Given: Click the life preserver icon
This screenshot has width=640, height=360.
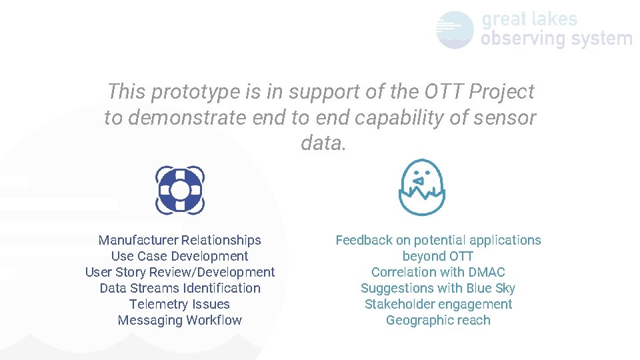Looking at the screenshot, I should tap(180, 191).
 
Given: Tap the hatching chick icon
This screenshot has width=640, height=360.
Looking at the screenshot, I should tap(421, 187).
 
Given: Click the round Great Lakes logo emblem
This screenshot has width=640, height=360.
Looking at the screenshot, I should tap(455, 30).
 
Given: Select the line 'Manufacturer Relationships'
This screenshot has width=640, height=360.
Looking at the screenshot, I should tap(179, 240).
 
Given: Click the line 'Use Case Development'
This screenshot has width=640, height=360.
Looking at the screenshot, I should tap(179, 256).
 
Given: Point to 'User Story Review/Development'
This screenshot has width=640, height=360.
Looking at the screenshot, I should tap(179, 272).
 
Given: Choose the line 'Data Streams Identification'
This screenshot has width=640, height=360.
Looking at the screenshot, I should tap(179, 288).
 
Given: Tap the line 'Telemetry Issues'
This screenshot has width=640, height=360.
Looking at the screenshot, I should tap(179, 304).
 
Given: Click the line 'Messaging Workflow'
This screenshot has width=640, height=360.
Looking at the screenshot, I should tap(179, 320).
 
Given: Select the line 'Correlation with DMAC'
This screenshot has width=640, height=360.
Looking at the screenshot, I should tap(438, 272).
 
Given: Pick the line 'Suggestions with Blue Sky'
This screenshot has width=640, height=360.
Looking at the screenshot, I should tap(438, 288).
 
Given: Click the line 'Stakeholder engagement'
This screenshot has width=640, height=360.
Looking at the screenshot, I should tap(438, 304).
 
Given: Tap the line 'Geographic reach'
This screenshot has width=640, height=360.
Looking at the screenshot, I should tap(438, 320).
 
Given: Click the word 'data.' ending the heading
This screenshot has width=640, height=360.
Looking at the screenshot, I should tap(323, 143).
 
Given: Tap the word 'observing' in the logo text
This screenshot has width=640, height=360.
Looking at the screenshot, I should tap(522, 39).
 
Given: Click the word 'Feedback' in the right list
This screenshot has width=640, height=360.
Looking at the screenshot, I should tap(364, 240).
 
